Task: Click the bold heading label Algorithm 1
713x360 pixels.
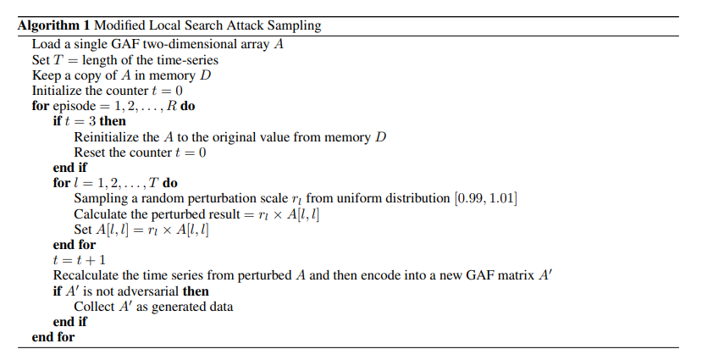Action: [x=53, y=25]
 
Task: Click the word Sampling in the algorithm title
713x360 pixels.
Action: [x=294, y=26]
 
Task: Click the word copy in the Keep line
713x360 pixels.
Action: [x=89, y=75]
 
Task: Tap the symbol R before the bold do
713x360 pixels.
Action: [x=171, y=106]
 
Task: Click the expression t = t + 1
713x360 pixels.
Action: [x=80, y=260]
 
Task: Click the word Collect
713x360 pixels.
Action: [x=95, y=307]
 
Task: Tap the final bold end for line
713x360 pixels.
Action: [x=53, y=337]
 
